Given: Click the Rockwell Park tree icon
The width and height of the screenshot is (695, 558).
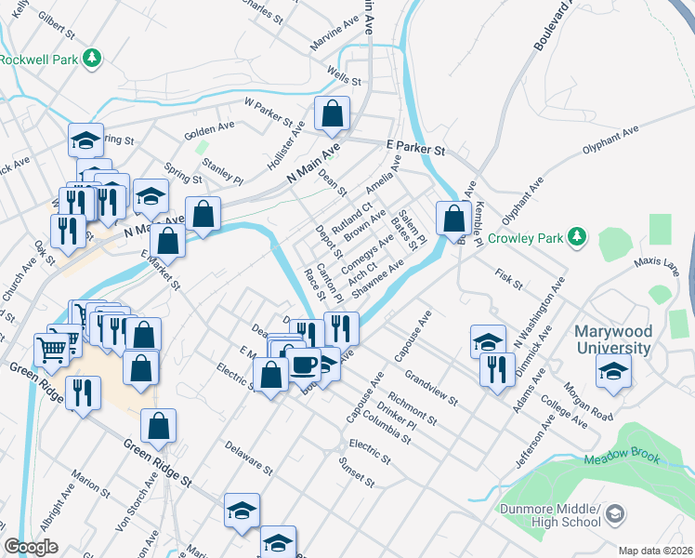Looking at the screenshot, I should tap(91, 60).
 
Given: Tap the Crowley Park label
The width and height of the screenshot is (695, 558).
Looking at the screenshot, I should tap(526, 238).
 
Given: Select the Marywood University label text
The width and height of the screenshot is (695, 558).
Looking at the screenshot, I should tap(611, 339).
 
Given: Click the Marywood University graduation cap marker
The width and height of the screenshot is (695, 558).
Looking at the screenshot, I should tap(613, 371).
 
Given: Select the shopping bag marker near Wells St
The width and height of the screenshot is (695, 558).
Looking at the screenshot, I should tap(332, 114).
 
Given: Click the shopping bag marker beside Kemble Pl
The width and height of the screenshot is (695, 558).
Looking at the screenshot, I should tap(454, 219).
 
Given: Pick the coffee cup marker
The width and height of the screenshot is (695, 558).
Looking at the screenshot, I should tap(304, 364).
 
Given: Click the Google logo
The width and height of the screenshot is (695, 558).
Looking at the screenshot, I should tap(31, 547).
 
